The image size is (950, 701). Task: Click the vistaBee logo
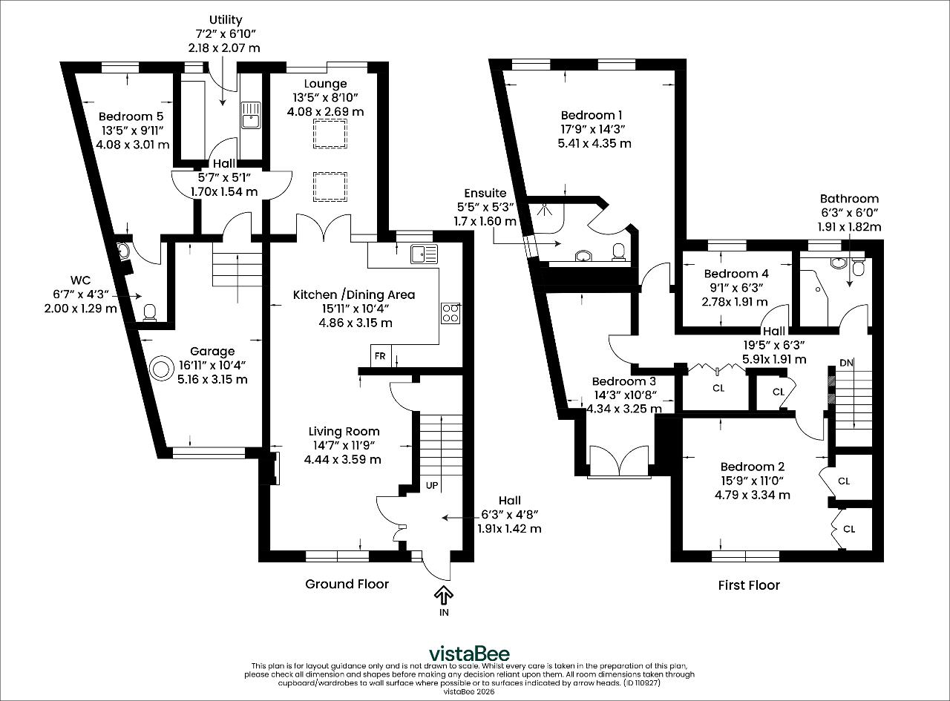[469, 654]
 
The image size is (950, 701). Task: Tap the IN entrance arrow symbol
[444, 595]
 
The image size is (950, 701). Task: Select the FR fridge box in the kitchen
[380, 356]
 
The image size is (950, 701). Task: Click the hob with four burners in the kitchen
[451, 313]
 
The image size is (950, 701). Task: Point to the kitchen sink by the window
[424, 254]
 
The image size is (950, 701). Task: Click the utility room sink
[250, 115]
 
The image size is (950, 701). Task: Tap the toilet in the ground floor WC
[149, 312]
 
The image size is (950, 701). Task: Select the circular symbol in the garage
[161, 369]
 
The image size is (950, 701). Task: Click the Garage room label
[212, 351]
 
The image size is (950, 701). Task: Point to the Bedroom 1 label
[592, 115]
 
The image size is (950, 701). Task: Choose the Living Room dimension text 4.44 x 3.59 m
[343, 460]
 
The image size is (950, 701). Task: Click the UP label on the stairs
[432, 486]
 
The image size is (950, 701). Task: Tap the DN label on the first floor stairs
[846, 363]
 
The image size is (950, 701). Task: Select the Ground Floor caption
[347, 584]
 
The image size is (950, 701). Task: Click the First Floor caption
[749, 585]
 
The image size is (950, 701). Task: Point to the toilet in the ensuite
[618, 252]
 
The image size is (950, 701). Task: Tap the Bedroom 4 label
[736, 274]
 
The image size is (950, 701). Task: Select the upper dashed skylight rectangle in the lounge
[330, 134]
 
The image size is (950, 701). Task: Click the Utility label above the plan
[226, 20]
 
